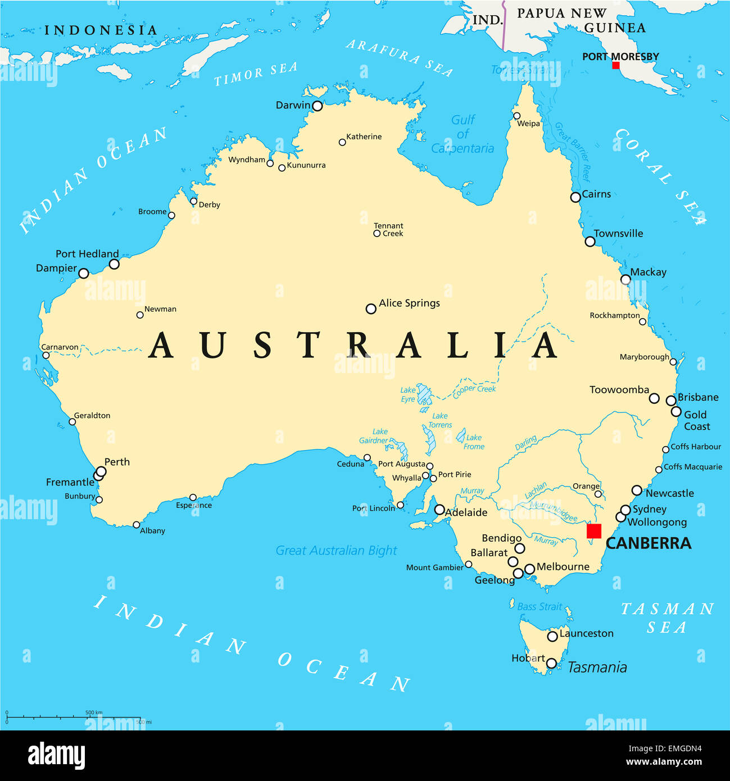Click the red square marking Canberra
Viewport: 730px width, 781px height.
point(593,531)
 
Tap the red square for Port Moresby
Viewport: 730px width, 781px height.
point(615,65)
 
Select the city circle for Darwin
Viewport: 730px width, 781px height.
point(317,106)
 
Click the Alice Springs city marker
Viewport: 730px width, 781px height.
point(371,308)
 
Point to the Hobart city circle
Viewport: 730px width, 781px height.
point(551,664)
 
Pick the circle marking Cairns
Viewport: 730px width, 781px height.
point(575,197)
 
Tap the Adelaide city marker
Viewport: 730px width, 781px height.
point(439,510)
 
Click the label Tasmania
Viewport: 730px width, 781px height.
point(597,668)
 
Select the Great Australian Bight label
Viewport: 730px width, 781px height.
point(336,551)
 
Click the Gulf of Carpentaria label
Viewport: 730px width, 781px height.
point(463,134)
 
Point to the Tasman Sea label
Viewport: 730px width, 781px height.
point(667,617)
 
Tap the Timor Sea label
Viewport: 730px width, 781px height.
point(256,74)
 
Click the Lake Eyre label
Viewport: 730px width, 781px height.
point(408,394)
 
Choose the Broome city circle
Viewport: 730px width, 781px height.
point(171,215)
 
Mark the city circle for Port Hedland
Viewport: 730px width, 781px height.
point(114,264)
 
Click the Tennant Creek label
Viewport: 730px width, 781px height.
point(389,229)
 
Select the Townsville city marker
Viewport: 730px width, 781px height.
point(590,242)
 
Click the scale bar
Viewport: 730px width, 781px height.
point(73,718)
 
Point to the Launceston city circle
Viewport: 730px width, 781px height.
point(552,636)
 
